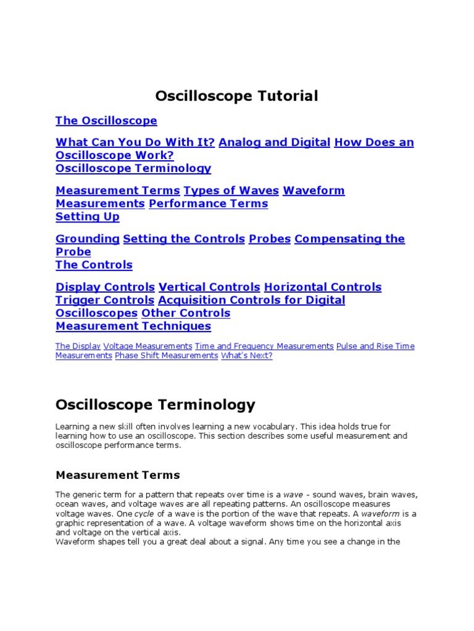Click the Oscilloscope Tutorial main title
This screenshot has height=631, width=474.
[236, 96]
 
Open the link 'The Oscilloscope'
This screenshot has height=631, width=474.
[106, 121]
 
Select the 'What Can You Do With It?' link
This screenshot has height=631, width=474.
[135, 142]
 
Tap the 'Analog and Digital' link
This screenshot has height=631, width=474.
[274, 142]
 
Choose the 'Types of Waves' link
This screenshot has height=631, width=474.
[231, 190]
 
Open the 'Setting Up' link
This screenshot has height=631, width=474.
[88, 216]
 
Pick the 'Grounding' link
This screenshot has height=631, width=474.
[88, 238]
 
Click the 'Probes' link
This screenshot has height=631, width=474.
[270, 238]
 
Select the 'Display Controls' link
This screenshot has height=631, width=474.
[105, 287]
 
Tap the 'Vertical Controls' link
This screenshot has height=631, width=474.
[209, 287]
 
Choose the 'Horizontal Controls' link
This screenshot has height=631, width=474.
[323, 287]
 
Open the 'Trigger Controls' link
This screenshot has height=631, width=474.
[105, 300]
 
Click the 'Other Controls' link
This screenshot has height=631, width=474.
[186, 313]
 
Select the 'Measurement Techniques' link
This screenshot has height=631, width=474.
[133, 326]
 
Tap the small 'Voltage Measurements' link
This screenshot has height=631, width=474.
[148, 346]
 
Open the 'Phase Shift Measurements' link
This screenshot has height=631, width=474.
[167, 356]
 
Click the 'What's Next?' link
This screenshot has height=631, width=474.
[246, 356]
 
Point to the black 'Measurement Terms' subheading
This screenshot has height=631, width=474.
[118, 475]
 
